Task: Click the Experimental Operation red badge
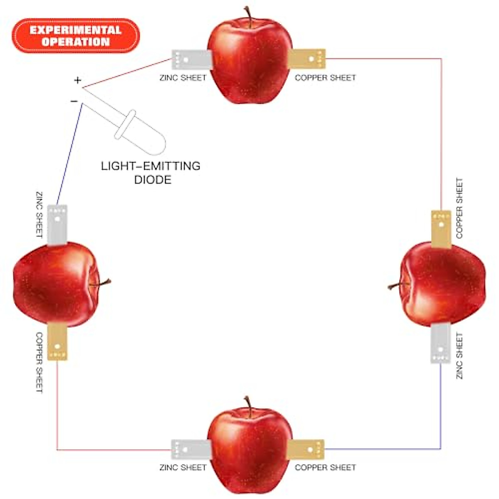tap(76, 36)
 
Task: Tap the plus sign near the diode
tap(77, 80)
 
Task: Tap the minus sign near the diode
tap(74, 101)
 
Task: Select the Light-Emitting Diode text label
tap(151, 173)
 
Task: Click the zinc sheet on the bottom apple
tap(189, 450)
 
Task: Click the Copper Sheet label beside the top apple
tap(325, 78)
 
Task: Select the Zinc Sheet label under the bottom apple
tap(183, 467)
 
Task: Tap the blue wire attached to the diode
tap(69, 154)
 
